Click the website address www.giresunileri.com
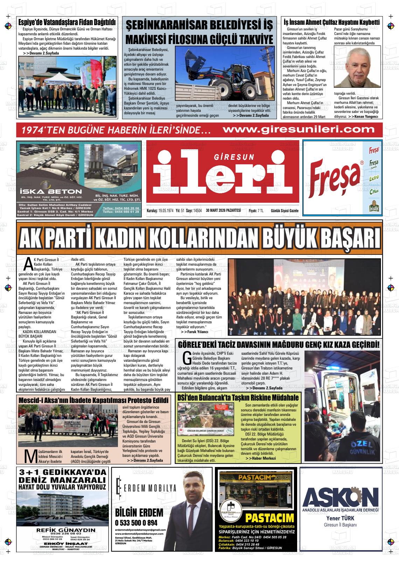click(x=298, y=129)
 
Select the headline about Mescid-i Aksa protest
click(x=93, y=400)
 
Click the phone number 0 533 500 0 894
click(x=136, y=523)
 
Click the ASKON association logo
click(x=340, y=496)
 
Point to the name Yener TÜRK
click(x=340, y=518)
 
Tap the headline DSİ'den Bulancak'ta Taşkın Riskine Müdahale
click(x=238, y=398)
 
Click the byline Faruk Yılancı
click(x=196, y=331)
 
